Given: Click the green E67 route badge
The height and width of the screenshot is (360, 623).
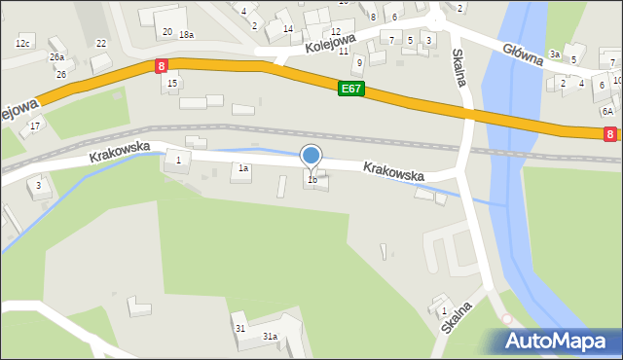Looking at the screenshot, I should [x=351, y=89].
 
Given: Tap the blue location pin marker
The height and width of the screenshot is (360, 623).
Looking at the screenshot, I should [x=311, y=156].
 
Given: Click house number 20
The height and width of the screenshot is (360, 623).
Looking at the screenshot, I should [x=167, y=32].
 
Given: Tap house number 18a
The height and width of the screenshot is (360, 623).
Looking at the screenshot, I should [x=186, y=35].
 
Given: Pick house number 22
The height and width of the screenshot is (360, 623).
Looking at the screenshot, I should [x=101, y=44].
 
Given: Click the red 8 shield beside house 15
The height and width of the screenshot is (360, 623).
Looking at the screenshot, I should [x=161, y=65].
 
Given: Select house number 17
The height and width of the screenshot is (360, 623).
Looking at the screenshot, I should [x=35, y=126].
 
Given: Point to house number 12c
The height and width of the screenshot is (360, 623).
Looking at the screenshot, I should [x=23, y=44].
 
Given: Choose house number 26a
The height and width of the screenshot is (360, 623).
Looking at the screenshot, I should [x=56, y=57].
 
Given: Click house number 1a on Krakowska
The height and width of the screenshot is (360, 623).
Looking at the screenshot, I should [x=244, y=168].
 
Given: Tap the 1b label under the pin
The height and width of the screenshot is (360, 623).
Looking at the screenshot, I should [x=312, y=180].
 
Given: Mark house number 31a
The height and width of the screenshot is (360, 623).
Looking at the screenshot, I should [x=270, y=337].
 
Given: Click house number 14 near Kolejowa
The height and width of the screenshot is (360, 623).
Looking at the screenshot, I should [x=287, y=29].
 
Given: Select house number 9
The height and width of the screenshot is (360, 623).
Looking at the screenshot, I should [x=359, y=62].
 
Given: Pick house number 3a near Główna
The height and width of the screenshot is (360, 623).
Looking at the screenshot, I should [x=554, y=54].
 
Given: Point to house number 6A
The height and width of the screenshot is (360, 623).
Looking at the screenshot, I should [x=606, y=111].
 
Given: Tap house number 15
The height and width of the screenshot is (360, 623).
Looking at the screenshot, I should [x=172, y=84].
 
